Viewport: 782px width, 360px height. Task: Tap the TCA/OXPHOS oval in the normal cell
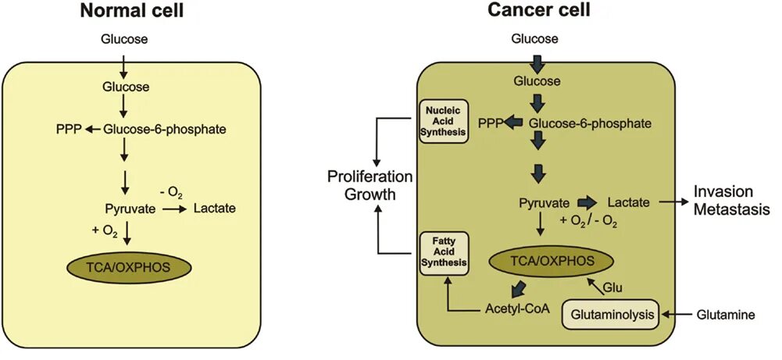129,268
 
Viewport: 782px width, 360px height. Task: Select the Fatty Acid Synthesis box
444,251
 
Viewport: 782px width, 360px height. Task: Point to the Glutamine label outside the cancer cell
726,315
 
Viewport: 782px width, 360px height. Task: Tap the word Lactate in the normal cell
215,209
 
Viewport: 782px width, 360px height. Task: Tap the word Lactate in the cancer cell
628,202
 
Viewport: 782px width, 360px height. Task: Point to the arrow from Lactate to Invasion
671,202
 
